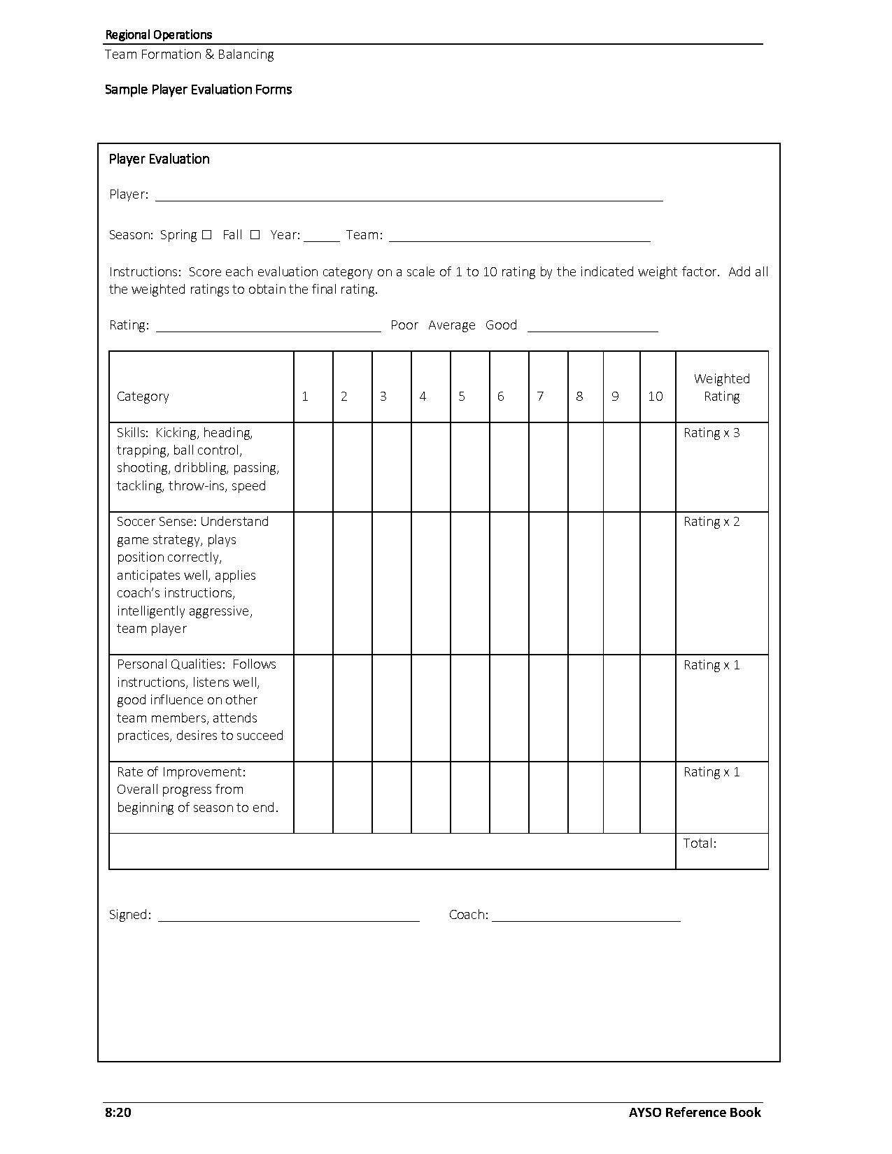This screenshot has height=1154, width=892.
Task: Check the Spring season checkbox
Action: (206, 235)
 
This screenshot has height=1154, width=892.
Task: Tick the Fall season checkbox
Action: (255, 235)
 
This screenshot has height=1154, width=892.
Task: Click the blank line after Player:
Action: (409, 196)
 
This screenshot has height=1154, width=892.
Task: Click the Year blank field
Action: (321, 236)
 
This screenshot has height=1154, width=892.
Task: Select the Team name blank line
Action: (519, 236)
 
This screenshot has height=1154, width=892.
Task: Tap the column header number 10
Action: (656, 397)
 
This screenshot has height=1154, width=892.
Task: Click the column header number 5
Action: (462, 397)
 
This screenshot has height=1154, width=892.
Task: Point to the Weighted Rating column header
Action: (721, 387)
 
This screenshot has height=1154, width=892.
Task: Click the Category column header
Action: (143, 397)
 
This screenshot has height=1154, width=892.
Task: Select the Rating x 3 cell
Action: (712, 433)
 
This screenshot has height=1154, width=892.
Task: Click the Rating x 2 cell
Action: (712, 522)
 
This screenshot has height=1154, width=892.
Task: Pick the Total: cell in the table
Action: (700, 843)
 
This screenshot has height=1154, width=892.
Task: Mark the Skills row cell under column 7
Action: (548, 466)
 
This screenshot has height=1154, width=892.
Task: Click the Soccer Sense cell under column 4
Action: (430, 583)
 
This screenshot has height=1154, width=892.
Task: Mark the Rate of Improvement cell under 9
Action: (621, 797)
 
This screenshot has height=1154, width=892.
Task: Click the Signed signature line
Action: (288, 916)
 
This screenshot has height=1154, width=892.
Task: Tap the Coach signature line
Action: (586, 916)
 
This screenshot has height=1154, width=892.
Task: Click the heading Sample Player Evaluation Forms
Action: (198, 90)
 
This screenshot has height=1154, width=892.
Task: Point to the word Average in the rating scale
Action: (451, 325)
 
